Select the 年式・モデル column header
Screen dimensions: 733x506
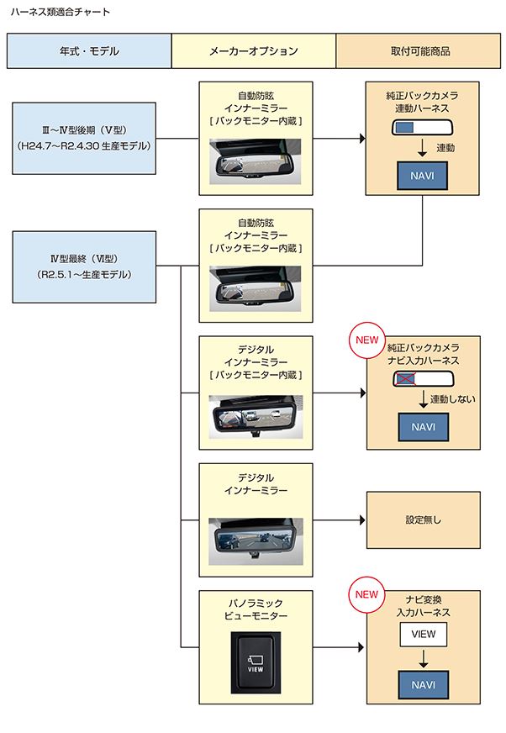tap(88, 51)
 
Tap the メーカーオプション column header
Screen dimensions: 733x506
tap(253, 51)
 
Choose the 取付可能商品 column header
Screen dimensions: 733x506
tap(420, 51)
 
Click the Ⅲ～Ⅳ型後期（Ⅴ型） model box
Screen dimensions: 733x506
tap(85, 138)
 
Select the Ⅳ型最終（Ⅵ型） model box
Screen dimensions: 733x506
tap(85, 267)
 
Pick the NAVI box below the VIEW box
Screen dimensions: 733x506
tap(423, 684)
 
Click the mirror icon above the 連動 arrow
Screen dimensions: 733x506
tap(423, 128)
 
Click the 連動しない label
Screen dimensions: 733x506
tap(453, 399)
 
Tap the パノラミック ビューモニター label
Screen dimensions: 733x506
tap(256, 609)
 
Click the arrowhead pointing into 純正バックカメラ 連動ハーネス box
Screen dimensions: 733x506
tap(361, 138)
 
